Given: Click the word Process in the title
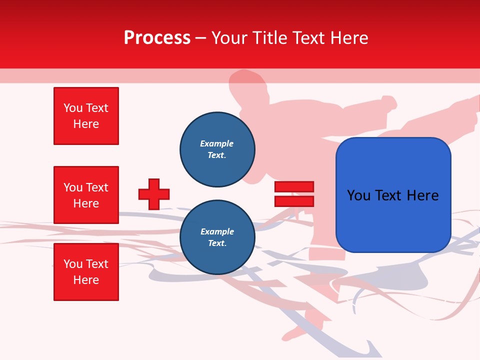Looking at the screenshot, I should [x=157, y=38].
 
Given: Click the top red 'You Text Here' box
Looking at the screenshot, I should [x=86, y=116].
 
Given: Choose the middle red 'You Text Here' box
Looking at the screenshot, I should [x=86, y=195].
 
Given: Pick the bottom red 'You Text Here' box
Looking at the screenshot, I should [x=86, y=272].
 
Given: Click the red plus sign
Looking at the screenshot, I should [x=154, y=194].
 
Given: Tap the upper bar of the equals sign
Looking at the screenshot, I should [x=294, y=187].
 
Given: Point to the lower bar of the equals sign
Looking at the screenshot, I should [x=294, y=201].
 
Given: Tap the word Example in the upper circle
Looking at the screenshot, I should [x=217, y=143].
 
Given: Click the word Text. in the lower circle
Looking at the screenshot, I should [x=217, y=243].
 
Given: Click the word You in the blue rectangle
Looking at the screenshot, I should [x=358, y=195].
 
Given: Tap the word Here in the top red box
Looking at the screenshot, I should [x=86, y=124].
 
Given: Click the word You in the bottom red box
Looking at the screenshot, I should [x=73, y=264].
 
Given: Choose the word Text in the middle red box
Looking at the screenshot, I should [x=97, y=187].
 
